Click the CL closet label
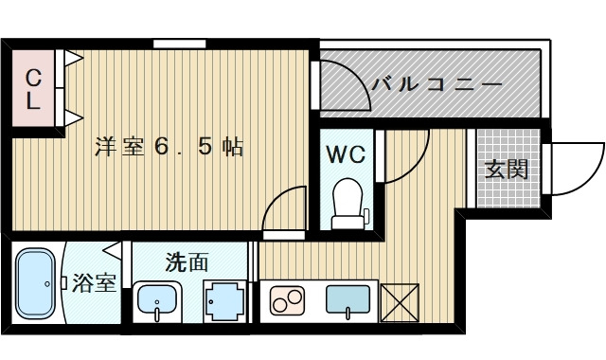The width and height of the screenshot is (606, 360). [32, 89]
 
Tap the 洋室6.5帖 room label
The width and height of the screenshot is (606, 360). [169, 147]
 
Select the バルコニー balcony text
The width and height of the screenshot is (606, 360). [437, 83]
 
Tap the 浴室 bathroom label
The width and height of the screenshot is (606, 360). [94, 283]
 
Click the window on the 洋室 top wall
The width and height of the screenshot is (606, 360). [180, 42]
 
